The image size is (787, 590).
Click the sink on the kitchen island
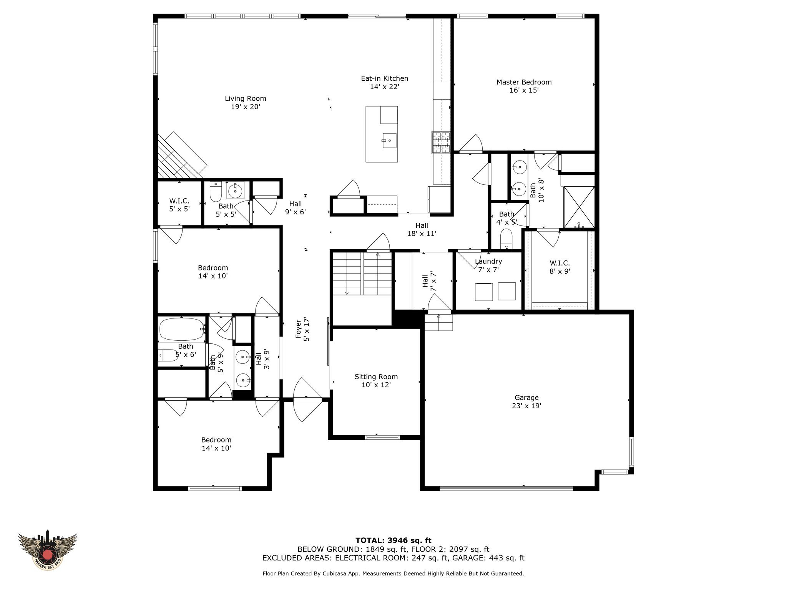pos(389,141)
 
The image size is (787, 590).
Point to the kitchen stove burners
pos(441,143)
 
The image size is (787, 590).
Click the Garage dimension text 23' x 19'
pos(526,406)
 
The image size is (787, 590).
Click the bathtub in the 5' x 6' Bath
pos(182,330)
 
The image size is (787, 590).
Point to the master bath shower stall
pos(579,207)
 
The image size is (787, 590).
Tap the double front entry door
pos(307,400)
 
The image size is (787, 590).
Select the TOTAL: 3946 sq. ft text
pos(393,541)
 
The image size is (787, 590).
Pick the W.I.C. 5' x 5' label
pos(179,205)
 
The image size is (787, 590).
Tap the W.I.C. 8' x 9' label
pos(560,267)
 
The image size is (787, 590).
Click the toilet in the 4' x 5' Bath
pos(507,239)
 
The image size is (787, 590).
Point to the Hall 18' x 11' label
pos(422,230)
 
